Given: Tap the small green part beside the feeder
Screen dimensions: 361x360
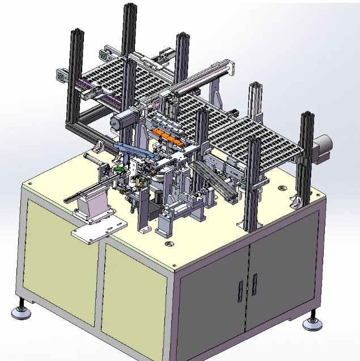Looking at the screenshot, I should pos(118,169).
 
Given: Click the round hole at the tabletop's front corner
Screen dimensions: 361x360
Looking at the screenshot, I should pos(168,244).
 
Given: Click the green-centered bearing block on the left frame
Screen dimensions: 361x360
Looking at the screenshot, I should pos(61,75).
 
